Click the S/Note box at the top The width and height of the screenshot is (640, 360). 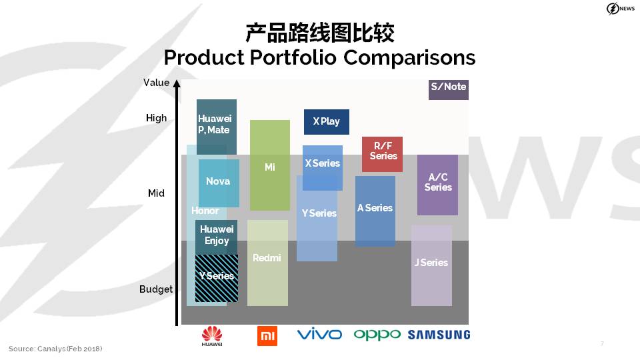point(448,90)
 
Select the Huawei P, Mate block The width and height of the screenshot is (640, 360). point(216,127)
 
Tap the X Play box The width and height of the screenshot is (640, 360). point(327,121)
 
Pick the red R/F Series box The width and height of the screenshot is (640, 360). point(382,154)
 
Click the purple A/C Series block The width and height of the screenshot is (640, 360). point(437,185)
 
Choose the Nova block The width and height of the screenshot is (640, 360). point(219,183)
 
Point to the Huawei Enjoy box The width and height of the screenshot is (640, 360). point(216,237)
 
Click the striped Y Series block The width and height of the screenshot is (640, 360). point(217,279)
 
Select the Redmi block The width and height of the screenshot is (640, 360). point(267,263)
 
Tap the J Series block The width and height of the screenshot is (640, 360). point(431,265)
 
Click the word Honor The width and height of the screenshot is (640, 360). point(205,211)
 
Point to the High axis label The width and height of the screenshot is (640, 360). point(156,118)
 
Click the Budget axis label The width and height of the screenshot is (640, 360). point(156,289)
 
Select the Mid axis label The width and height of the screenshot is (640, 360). point(156,193)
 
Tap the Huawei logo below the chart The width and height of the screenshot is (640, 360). point(212,336)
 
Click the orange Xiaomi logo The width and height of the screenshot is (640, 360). point(267,336)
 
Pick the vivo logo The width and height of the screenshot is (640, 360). point(319,334)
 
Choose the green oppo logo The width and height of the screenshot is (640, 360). point(377,335)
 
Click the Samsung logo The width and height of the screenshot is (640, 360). point(439,335)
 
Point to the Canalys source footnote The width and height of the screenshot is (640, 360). point(55,349)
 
